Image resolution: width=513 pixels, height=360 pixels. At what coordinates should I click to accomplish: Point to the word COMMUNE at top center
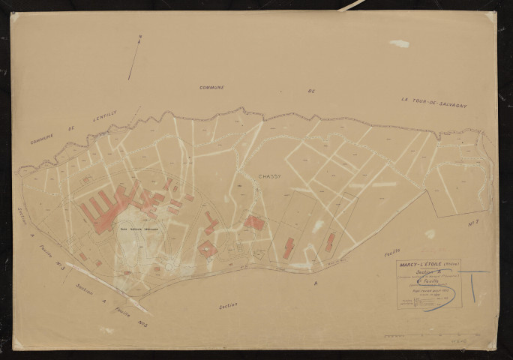tap(211, 88)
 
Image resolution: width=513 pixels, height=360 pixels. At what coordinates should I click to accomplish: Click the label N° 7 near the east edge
tap(473, 223)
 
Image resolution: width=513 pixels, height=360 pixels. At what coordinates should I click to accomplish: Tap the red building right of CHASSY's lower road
tap(254, 223)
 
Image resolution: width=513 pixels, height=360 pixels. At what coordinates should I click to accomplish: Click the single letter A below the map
tap(315, 283)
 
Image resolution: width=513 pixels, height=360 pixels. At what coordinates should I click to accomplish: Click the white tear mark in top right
tap(400, 43)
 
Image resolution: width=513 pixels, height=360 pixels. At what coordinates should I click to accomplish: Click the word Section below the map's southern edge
tap(228, 306)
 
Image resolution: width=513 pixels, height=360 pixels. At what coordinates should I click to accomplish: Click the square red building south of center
tap(207, 249)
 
